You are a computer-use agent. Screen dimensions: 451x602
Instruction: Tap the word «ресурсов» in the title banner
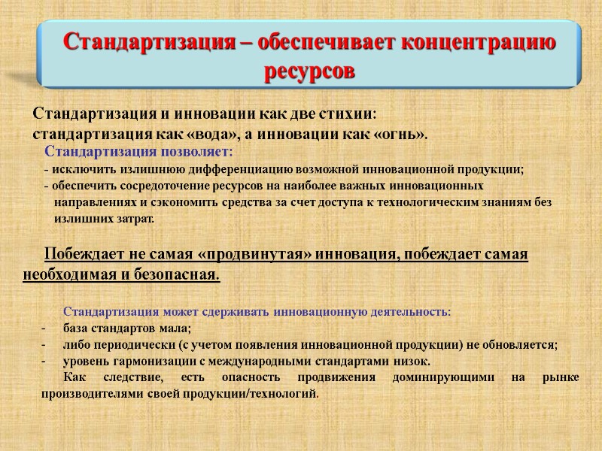click(309, 72)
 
